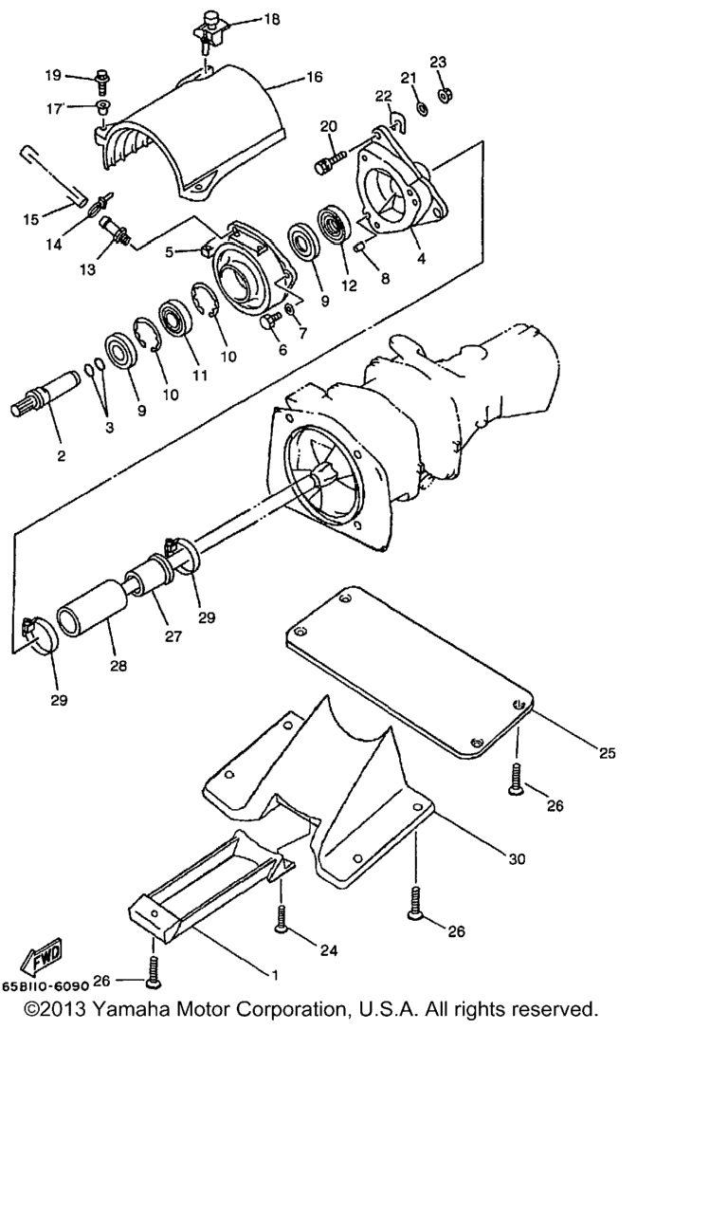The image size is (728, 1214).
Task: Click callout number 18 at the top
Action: [272, 20]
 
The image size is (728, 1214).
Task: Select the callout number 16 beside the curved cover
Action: [314, 77]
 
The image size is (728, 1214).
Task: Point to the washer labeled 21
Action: [422, 108]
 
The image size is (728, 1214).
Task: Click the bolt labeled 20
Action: [330, 161]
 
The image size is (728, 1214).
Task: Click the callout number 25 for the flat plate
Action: [608, 753]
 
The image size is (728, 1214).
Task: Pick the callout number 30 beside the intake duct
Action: [517, 858]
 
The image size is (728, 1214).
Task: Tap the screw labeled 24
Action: [281, 919]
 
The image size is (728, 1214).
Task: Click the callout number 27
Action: [173, 635]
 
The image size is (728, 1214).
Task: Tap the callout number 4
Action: [421, 259]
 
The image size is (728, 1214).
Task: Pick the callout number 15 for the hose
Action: [31, 219]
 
